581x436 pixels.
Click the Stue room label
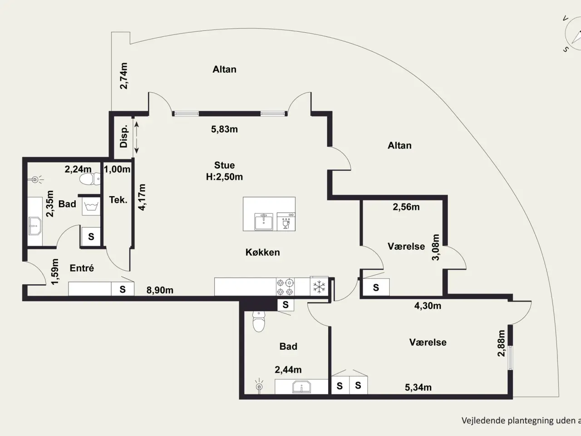point(225,165)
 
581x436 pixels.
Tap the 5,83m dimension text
point(225,129)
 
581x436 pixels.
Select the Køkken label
point(262,252)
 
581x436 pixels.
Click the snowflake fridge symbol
point(319,287)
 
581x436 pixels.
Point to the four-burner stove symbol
point(286,287)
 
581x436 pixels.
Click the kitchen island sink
point(264,222)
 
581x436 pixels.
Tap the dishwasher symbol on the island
point(286,222)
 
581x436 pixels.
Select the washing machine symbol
point(91,206)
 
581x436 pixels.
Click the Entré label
point(82,268)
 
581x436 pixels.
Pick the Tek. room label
point(118,200)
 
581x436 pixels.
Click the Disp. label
point(124,136)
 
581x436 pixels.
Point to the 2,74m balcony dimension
point(123,76)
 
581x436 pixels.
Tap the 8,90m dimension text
point(160,290)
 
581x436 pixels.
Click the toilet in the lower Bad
point(259,322)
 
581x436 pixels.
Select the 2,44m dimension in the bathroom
point(288,370)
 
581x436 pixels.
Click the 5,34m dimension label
point(418,387)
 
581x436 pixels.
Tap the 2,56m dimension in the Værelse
point(406,207)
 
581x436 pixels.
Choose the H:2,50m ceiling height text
point(225,177)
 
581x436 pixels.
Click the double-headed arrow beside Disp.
point(137,138)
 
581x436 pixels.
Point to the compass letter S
point(566,49)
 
